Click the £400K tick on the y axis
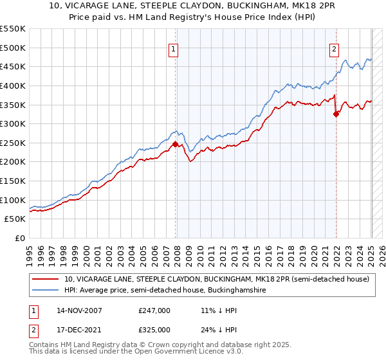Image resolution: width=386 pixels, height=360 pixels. pyautogui.click(x=13, y=85)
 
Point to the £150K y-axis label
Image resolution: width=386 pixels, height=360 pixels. pyautogui.click(x=13, y=181)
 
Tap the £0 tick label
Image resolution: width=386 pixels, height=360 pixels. pyautogui.click(x=19, y=239)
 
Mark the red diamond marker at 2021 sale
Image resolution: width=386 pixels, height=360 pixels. pyautogui.click(x=336, y=114)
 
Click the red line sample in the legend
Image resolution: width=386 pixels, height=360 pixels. pyautogui.click(x=46, y=279)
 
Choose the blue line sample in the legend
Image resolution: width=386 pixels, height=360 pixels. pyautogui.click(x=46, y=291)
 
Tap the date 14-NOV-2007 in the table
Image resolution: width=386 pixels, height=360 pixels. pyautogui.click(x=80, y=311)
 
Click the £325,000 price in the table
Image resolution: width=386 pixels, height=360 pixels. pyautogui.click(x=154, y=330)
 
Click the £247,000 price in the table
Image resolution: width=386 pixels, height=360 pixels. pyautogui.click(x=154, y=311)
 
